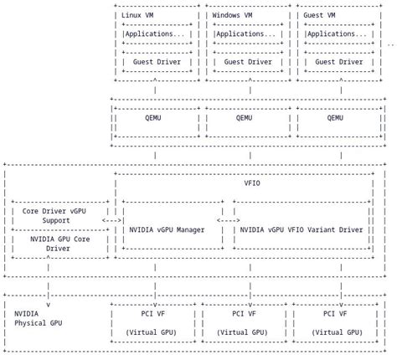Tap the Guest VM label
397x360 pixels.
click(322, 15)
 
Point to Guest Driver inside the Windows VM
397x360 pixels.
click(247, 62)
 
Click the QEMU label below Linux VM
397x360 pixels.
click(156, 118)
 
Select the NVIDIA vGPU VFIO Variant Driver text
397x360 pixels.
click(302, 229)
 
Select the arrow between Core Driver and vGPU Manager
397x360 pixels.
click(111, 220)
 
